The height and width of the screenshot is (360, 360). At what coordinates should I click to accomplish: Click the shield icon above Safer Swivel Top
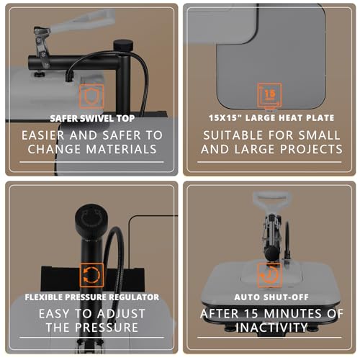click(x=90, y=97)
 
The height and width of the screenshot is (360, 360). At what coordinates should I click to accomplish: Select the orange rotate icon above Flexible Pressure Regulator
click(x=91, y=274)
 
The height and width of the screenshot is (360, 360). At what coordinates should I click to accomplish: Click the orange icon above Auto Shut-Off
click(x=269, y=274)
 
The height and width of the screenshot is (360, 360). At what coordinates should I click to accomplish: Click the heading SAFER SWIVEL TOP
click(x=91, y=117)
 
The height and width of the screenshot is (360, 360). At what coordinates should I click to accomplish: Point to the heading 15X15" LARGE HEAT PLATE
click(x=269, y=117)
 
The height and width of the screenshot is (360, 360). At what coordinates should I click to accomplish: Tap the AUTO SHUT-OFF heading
click(x=269, y=296)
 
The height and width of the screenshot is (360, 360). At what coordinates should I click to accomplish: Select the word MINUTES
click(x=305, y=314)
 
